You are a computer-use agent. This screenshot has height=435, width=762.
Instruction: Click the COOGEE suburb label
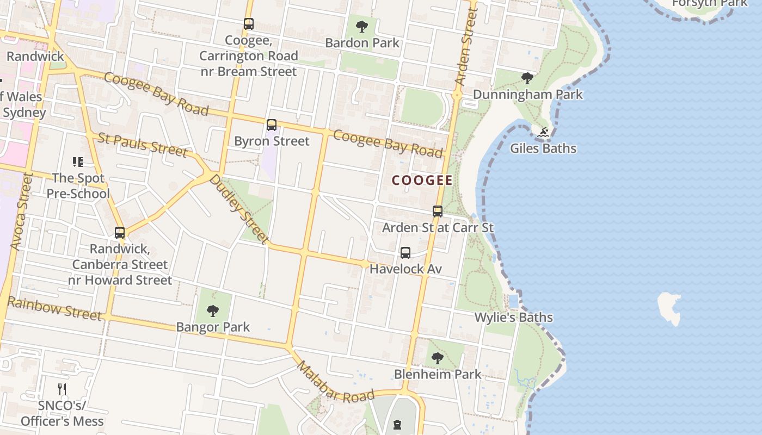point(422,180)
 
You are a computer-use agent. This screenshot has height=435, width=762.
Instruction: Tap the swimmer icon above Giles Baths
point(543,132)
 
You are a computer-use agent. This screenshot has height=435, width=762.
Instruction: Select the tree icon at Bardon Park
point(361,26)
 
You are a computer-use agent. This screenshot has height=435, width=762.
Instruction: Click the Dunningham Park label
point(527,94)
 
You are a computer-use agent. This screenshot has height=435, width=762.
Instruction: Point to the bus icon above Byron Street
point(272,125)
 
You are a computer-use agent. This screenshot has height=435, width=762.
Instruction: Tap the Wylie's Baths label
point(513,318)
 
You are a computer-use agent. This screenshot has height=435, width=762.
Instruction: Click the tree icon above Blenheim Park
point(437,358)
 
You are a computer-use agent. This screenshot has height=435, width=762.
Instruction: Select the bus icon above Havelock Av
point(405,253)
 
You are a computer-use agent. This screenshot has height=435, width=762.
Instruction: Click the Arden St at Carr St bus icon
point(438,212)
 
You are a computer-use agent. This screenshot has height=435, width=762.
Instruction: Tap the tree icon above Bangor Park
point(213,311)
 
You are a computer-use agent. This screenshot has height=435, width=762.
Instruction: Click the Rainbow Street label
point(54,308)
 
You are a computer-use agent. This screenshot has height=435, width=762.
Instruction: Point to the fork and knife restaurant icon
point(62,389)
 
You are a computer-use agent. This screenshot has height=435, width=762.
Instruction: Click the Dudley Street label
point(239,208)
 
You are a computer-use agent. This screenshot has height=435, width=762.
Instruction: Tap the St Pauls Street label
point(143,144)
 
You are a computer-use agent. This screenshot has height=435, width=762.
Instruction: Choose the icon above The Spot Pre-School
point(78,162)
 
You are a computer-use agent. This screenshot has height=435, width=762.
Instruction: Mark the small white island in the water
point(669,308)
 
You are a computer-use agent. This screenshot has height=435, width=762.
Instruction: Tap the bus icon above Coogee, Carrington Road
point(249,24)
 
